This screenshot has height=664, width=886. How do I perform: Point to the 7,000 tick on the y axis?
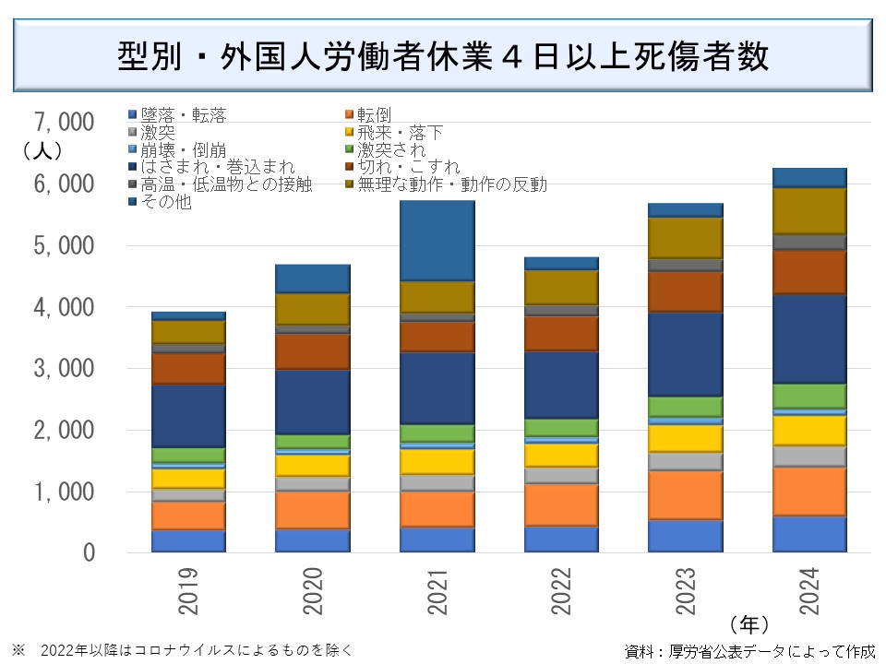63,122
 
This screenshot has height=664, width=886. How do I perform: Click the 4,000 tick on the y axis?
63,307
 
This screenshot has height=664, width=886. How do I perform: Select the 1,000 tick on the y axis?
63,492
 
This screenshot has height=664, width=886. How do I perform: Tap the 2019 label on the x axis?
189,591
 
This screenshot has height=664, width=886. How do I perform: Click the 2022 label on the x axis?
561,591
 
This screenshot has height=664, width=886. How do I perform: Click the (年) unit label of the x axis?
748,622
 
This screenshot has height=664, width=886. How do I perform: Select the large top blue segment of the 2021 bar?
437,241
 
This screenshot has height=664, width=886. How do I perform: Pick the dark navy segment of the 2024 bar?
809,338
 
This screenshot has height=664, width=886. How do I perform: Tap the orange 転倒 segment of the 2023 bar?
685,495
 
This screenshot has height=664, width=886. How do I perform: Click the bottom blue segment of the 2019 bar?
189,540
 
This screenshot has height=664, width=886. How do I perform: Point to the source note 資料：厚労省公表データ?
748,651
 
